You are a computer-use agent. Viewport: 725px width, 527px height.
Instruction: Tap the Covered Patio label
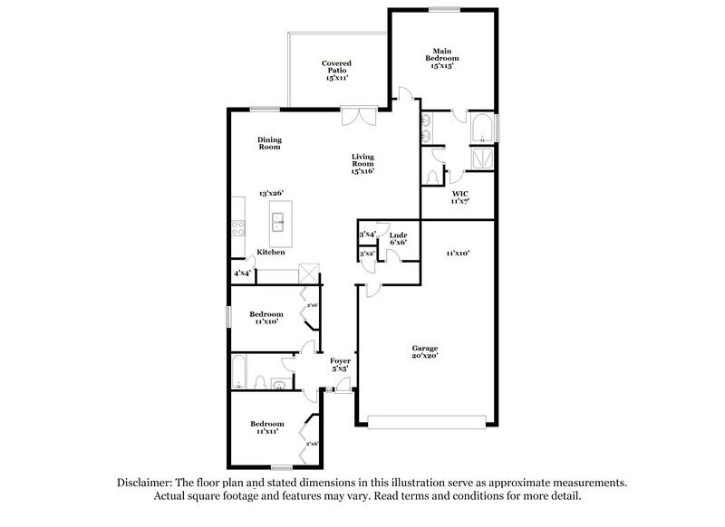pyautogui.click(x=336, y=71)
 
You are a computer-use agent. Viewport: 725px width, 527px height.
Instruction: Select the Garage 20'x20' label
pyautogui.click(x=425, y=352)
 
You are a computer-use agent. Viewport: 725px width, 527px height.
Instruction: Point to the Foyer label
pyautogui.click(x=339, y=362)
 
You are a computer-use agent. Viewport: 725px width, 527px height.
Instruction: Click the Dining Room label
pyautogui.click(x=269, y=142)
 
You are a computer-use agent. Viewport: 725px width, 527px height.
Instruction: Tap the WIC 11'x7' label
pyautogui.click(x=459, y=198)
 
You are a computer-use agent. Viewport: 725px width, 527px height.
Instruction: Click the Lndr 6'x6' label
pyautogui.click(x=398, y=237)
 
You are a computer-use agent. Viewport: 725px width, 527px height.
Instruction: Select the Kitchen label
pyautogui.click(x=271, y=252)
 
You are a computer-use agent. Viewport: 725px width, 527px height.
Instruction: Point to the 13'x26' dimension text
pyautogui.click(x=271, y=193)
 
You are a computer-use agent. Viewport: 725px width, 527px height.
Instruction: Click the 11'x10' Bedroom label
pyautogui.click(x=266, y=316)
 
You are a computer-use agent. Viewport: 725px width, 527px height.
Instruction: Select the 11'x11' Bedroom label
pyautogui.click(x=266, y=427)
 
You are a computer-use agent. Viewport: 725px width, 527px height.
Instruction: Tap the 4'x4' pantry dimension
pyautogui.click(x=242, y=273)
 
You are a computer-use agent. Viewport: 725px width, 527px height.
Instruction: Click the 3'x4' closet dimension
pyautogui.click(x=367, y=235)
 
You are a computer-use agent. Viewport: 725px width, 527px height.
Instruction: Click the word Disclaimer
pyautogui.click(x=146, y=483)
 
